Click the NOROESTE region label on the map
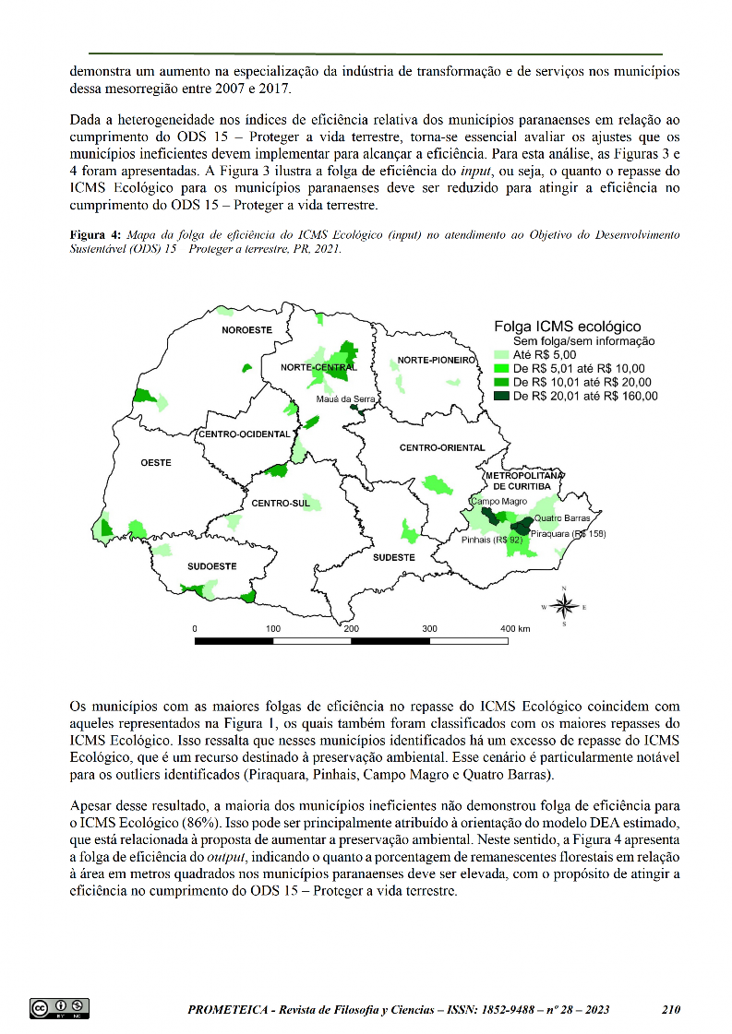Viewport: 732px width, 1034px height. [246, 329]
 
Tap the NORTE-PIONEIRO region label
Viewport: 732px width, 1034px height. [436, 359]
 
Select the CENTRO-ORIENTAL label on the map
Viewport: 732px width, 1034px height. [442, 447]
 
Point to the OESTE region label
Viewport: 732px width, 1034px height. [155, 462]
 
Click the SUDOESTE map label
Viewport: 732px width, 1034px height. [211, 565]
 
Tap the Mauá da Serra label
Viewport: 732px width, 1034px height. [346, 398]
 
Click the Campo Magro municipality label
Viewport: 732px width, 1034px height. [498, 501]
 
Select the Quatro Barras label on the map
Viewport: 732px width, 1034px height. [562, 517]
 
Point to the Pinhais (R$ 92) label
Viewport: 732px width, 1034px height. [492, 540]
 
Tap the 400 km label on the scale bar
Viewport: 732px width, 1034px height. [515, 628]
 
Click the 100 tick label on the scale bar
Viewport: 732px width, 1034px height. [273, 628]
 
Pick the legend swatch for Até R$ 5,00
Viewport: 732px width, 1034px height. [502, 354]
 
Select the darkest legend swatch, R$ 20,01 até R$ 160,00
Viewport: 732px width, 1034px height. [502, 396]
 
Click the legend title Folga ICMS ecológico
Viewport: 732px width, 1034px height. [567, 326]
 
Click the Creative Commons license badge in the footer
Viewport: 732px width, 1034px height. [59, 1008]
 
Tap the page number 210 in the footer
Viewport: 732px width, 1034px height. [671, 1009]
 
